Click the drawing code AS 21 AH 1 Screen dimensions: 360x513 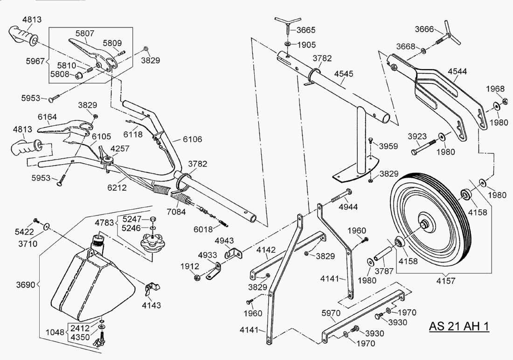point(459,326)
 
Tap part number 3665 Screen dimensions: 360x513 point(306,30)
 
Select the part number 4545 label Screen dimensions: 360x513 point(344,74)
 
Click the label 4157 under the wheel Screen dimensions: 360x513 point(446,281)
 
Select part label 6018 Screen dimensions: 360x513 point(204,229)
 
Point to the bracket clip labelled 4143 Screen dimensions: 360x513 point(151,288)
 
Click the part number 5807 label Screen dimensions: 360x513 point(85,34)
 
